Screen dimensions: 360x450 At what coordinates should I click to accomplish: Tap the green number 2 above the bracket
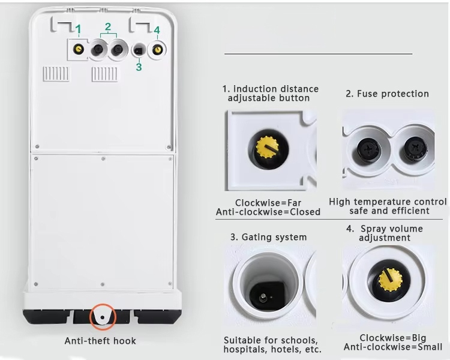click(x=108, y=26)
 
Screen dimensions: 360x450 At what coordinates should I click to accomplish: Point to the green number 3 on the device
click(x=139, y=67)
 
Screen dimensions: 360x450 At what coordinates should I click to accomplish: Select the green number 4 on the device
click(x=157, y=29)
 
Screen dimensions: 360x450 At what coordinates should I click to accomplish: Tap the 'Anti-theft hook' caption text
click(x=100, y=341)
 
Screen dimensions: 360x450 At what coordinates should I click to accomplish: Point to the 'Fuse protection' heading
click(x=387, y=94)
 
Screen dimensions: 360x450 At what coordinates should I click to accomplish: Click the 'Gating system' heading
click(x=268, y=237)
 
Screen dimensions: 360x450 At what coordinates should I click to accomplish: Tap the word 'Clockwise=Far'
click(x=268, y=203)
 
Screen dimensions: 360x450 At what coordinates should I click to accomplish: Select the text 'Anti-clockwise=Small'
click(x=393, y=347)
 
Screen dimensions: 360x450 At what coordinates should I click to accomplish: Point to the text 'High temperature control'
click(x=388, y=202)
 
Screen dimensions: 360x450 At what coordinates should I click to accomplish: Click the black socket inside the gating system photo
click(x=265, y=294)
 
